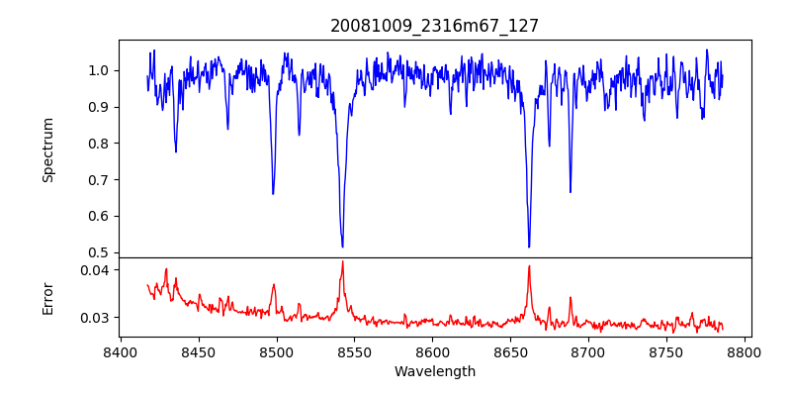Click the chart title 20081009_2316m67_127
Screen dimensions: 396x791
(434, 26)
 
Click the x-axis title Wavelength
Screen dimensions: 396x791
(434, 371)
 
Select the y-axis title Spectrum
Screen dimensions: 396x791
(47, 149)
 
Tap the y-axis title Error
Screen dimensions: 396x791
(47, 297)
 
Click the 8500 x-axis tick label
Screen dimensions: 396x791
(277, 351)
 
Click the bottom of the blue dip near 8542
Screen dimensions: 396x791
(342, 247)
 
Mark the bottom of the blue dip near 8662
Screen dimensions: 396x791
(529, 247)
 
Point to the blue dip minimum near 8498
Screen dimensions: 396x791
(273, 193)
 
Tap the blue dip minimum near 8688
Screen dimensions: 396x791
(571, 192)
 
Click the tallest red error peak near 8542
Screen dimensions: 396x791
(342, 261)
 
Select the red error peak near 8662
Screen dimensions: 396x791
(529, 265)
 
